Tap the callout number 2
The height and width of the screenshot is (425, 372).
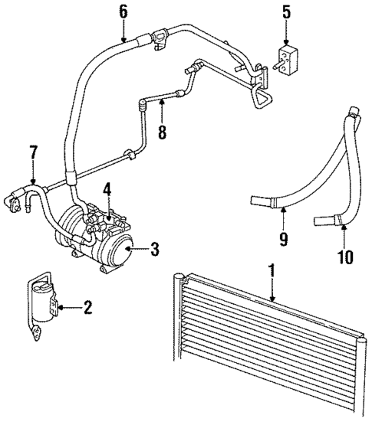[87, 308]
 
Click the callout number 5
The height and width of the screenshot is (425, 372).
[286, 11]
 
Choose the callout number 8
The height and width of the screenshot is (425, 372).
[162, 132]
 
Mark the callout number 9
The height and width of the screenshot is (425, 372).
[284, 240]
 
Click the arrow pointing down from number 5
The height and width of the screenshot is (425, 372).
[286, 34]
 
